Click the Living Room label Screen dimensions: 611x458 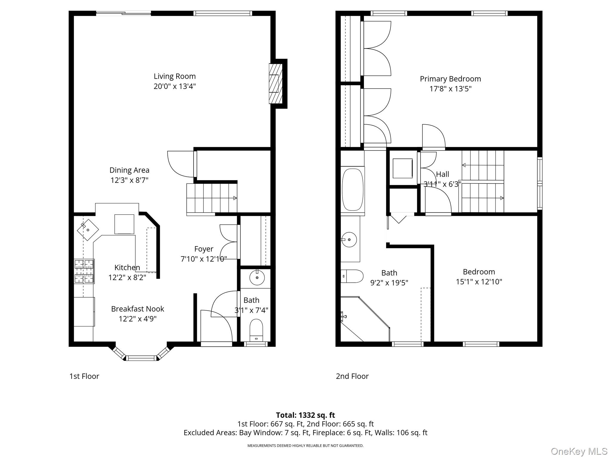tap(175, 76)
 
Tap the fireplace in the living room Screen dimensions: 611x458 tap(276, 83)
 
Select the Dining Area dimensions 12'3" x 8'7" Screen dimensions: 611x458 tap(129, 180)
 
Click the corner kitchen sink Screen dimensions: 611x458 tap(88, 230)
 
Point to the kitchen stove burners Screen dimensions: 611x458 tap(84, 271)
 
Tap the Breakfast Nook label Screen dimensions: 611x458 tap(138, 309)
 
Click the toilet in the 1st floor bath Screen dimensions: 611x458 tap(256, 330)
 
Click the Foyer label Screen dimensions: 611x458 tap(204, 249)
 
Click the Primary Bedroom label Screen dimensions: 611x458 tap(450, 79)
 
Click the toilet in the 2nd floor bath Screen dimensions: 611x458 tap(352, 276)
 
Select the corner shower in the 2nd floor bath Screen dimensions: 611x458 tap(365, 319)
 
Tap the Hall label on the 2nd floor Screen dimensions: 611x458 tap(442, 174)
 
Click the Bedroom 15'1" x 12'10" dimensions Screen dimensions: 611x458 tap(479, 282)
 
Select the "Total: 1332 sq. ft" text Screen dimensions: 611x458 tap(305, 415)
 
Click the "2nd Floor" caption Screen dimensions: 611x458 tap(352, 376)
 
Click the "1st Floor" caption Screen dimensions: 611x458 tap(84, 376)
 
